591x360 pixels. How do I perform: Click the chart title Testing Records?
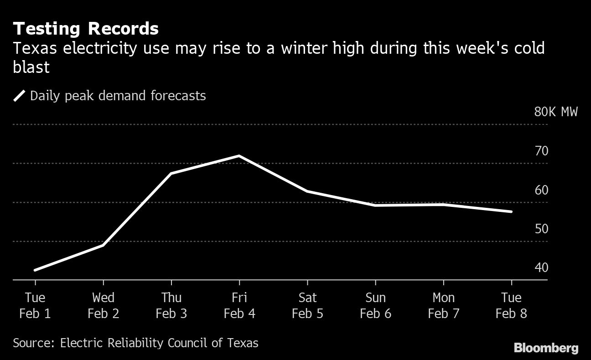click(86, 29)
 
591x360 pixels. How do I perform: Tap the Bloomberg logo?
click(546, 349)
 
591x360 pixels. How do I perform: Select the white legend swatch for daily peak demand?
click(20, 96)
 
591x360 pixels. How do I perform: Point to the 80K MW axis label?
click(555, 112)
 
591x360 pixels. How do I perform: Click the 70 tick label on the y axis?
click(541, 151)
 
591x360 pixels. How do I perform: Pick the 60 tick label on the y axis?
click(541, 190)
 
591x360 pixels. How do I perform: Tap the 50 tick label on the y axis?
click(541, 229)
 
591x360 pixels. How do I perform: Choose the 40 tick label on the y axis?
click(541, 267)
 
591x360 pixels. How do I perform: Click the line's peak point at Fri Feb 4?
click(239, 156)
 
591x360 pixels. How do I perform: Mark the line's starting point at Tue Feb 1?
click(35, 270)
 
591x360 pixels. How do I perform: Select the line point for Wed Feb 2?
click(103, 245)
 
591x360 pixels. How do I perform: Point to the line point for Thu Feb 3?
click(171, 174)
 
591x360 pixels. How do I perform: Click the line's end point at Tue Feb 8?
click(511, 211)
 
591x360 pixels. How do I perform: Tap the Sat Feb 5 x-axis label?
click(307, 306)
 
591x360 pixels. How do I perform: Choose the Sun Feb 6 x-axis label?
click(375, 306)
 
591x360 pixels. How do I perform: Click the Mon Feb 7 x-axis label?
click(443, 306)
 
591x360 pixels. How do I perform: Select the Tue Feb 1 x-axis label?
click(35, 306)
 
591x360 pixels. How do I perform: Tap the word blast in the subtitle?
click(31, 67)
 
